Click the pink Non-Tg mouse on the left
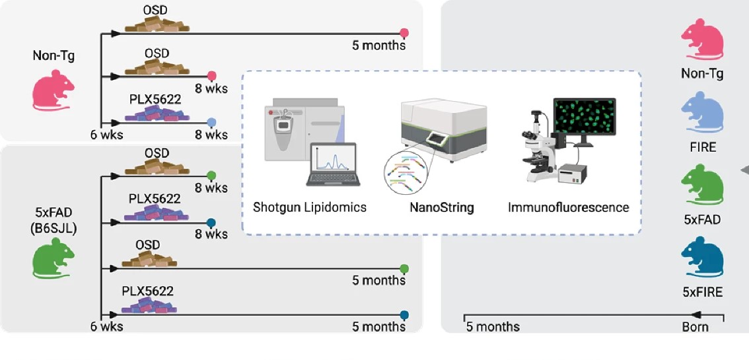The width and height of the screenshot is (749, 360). pos(54,91)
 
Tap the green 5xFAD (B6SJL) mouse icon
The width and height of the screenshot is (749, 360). pos(53,259)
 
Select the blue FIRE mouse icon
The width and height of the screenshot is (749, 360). pos(702,114)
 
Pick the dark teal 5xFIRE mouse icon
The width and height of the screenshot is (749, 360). pos(702,260)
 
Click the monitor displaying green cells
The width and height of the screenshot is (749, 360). pos(584,122)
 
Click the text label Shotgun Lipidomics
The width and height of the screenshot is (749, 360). pos(310,207)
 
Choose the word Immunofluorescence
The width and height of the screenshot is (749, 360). pos(568,207)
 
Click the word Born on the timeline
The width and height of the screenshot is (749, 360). pos(695,326)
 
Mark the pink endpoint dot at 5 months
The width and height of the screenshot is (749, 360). pos(405,32)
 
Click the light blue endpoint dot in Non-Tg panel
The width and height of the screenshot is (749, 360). pos(211,122)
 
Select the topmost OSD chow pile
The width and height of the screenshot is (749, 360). pos(157,25)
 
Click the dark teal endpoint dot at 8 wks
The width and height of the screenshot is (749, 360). pos(211,223)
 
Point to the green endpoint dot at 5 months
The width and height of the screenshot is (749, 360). pos(404,268)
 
